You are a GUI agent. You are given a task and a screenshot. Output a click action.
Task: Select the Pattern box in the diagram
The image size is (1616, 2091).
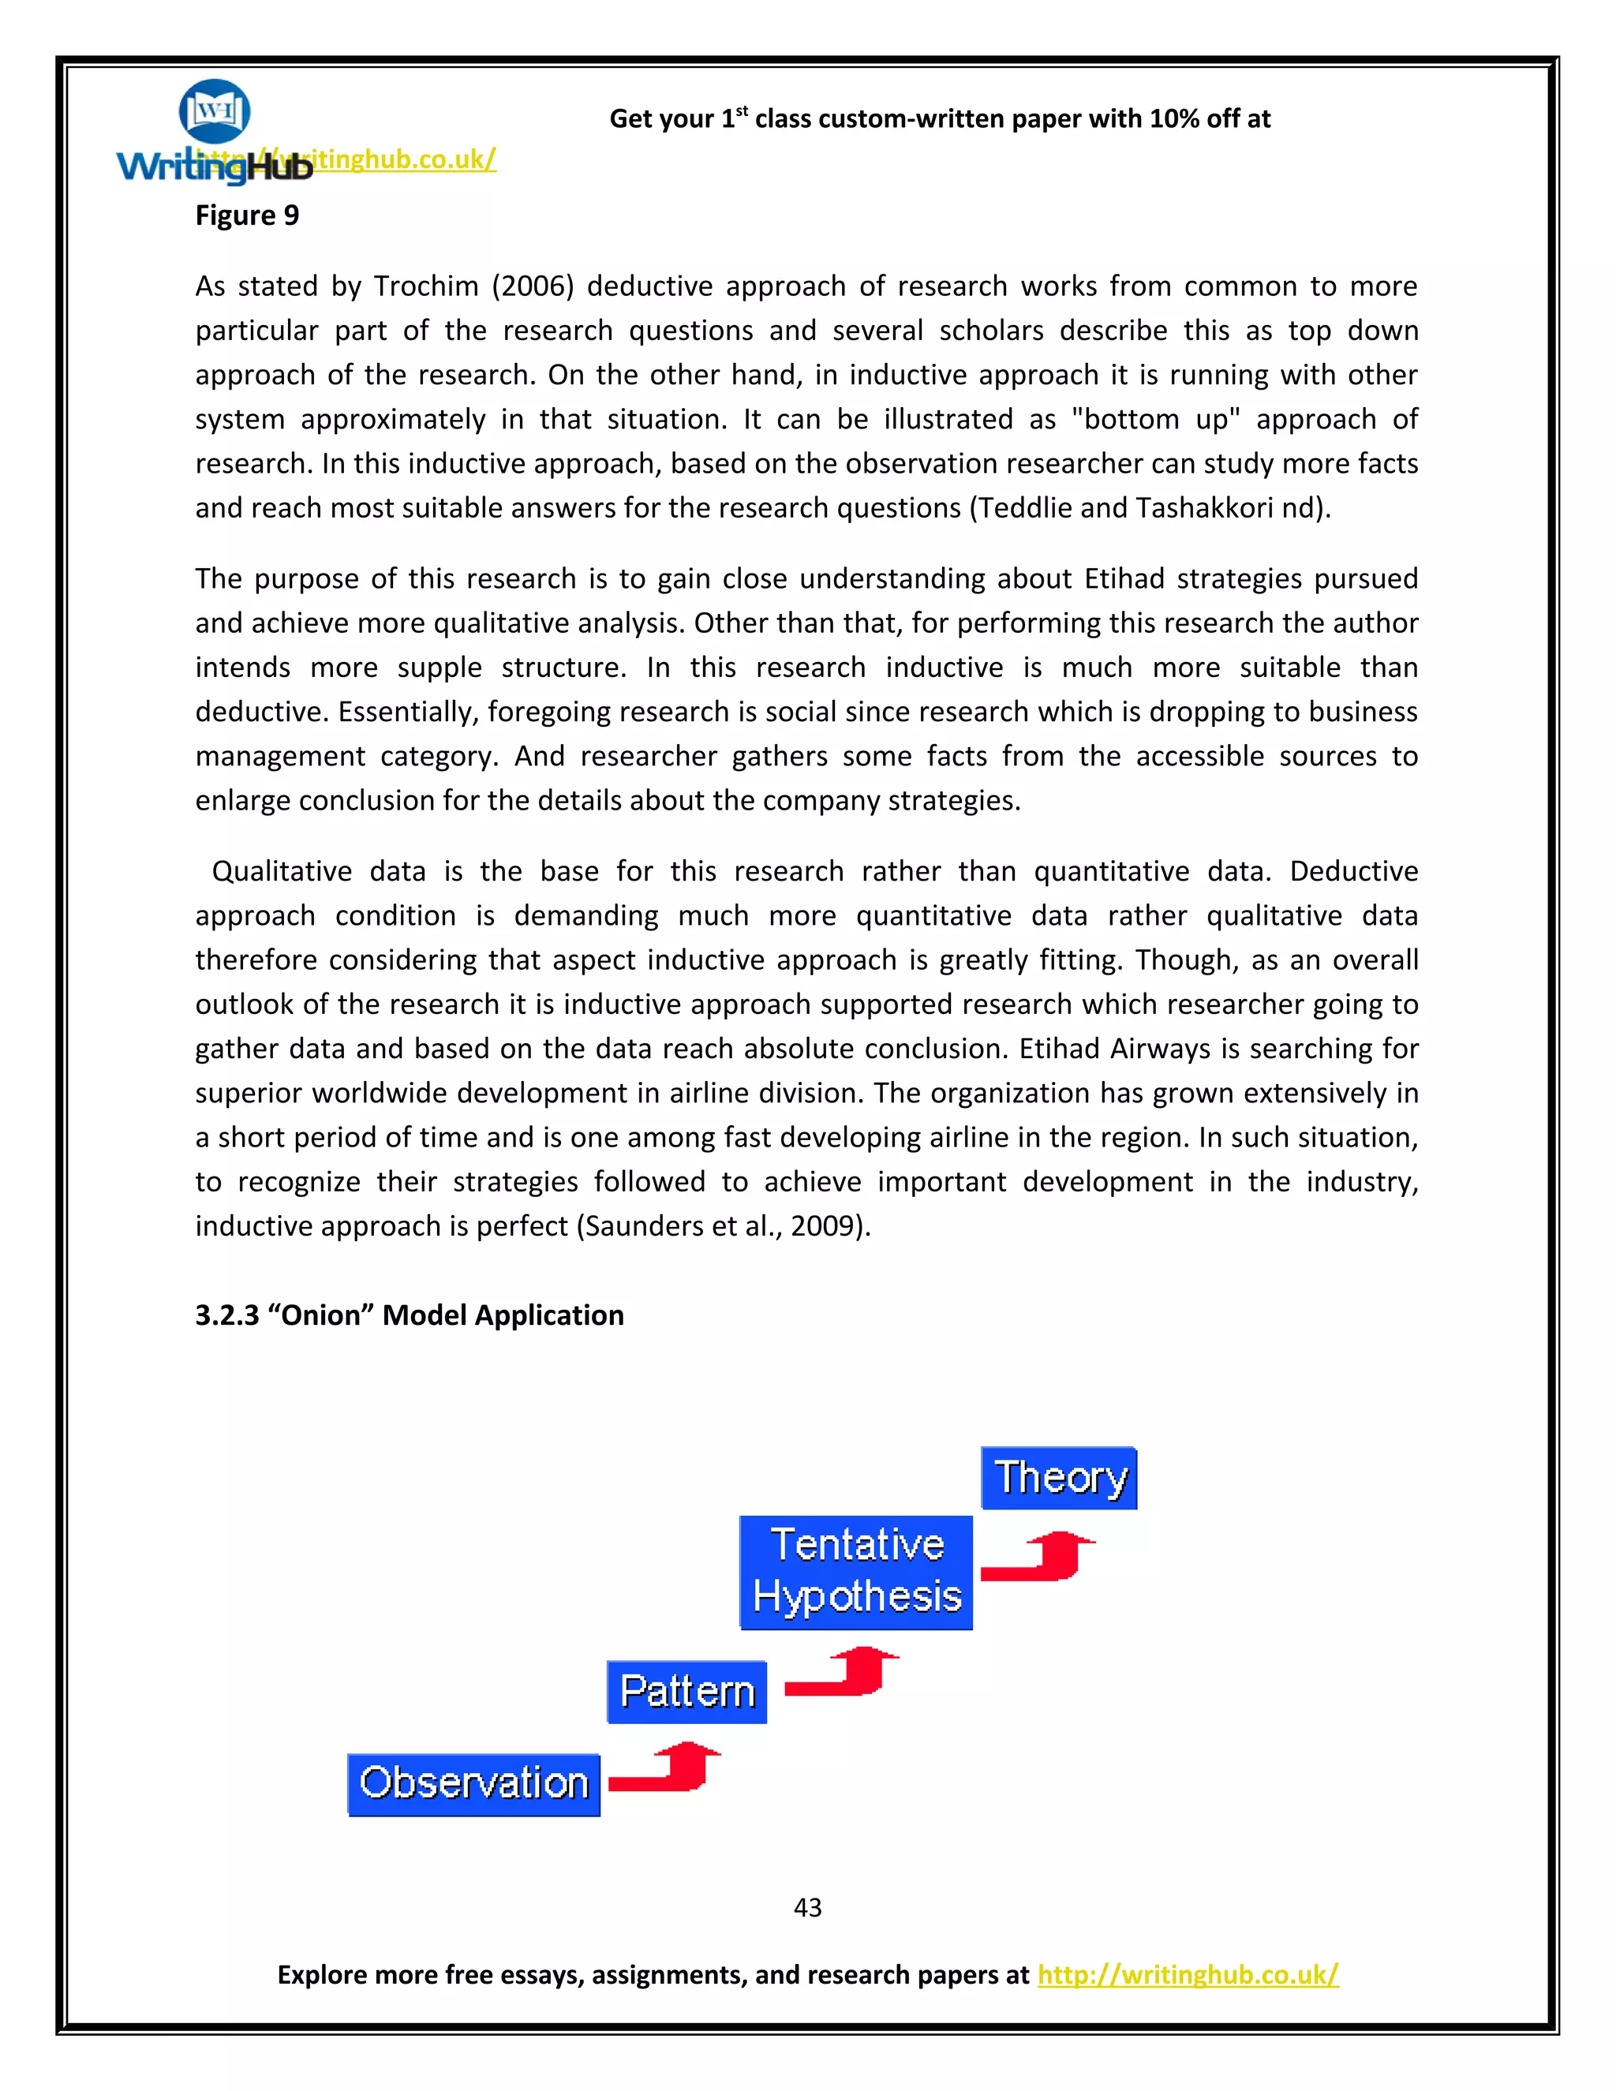point(686,1692)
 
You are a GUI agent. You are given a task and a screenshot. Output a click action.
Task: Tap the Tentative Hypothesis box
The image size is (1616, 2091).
point(856,1572)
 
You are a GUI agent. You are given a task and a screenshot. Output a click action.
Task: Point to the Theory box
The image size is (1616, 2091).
point(1059,1477)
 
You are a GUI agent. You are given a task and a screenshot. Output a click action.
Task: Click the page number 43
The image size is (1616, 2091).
point(807,1907)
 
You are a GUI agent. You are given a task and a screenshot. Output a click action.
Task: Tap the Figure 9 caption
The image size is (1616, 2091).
point(247,215)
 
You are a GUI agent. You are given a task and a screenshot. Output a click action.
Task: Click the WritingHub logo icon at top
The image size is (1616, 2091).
point(215,112)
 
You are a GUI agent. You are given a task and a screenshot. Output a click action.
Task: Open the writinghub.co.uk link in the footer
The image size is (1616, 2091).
point(1187,1974)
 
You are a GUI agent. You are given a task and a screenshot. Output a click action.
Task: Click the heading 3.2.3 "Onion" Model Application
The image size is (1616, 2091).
point(409,1315)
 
